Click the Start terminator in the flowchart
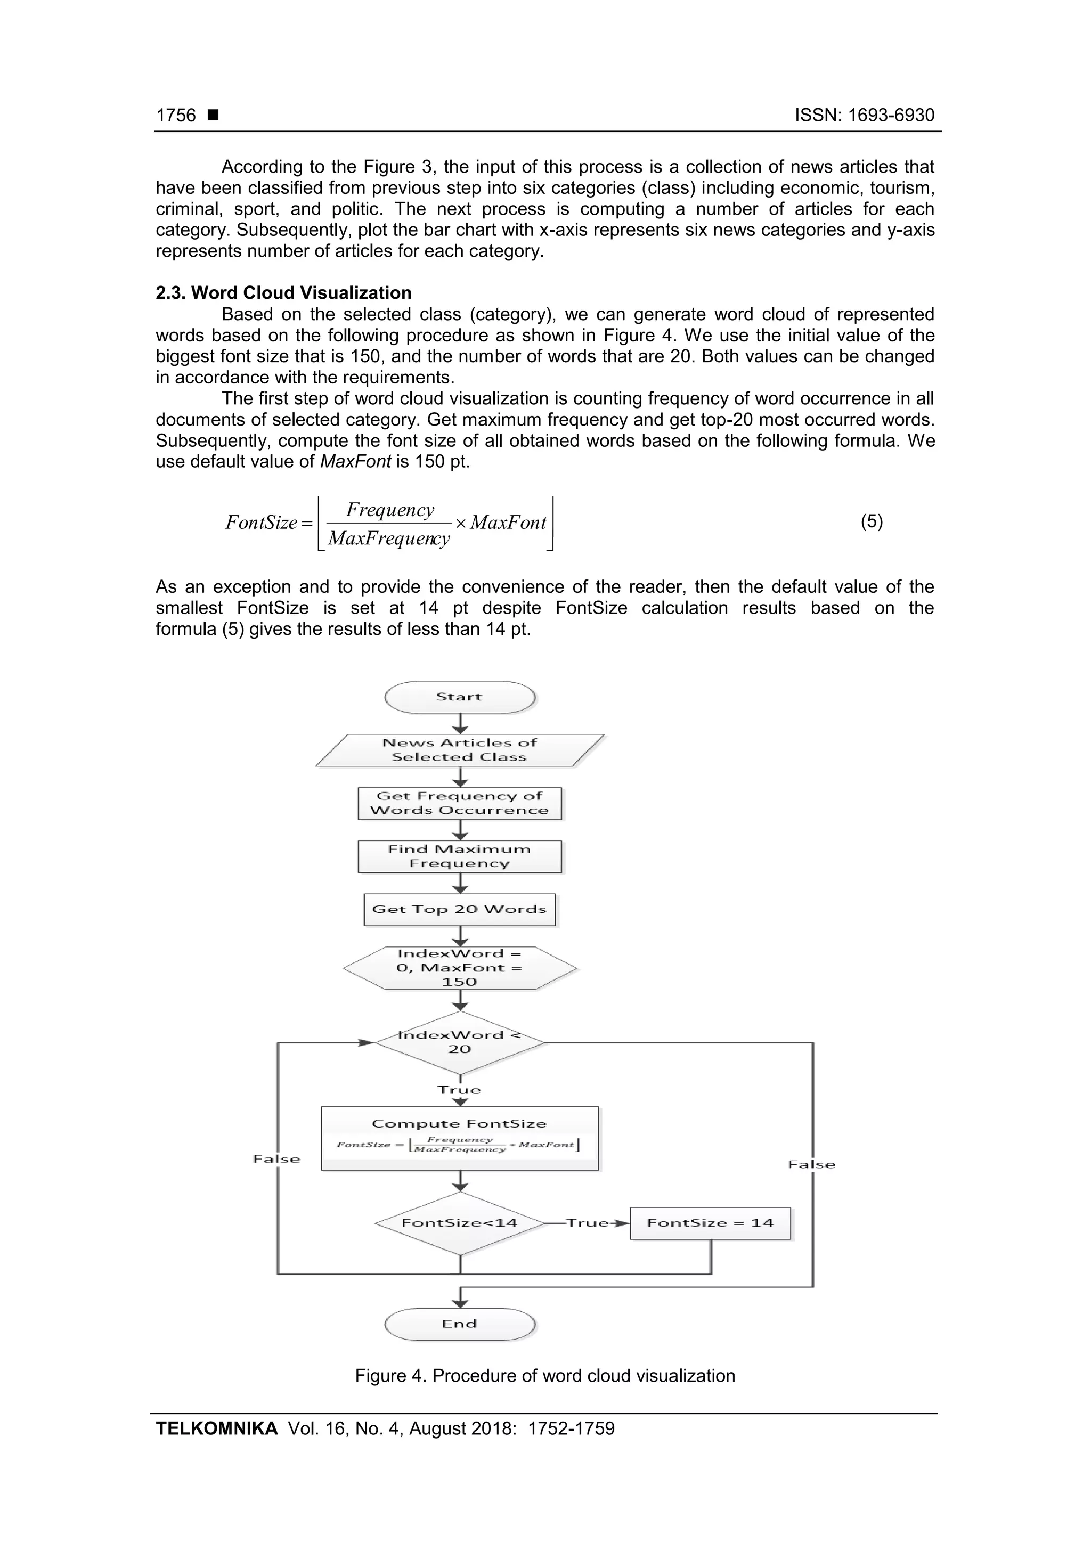coord(460,697)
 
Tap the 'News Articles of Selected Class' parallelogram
coord(460,750)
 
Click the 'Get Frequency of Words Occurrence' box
coord(460,803)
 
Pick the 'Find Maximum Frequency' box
coord(460,856)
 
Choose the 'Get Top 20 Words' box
coord(460,909)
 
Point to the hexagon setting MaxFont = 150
coord(460,968)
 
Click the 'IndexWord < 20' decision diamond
coord(460,1042)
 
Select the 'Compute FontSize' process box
coord(460,1138)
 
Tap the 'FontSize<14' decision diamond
coord(460,1223)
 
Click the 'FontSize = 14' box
coord(710,1223)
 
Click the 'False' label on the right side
coord(811,1165)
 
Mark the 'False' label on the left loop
coord(276,1158)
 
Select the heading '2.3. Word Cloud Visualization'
coord(284,293)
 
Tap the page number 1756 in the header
coord(176,116)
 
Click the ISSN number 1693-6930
coord(891,116)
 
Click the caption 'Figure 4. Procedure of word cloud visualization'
coord(545,1376)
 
